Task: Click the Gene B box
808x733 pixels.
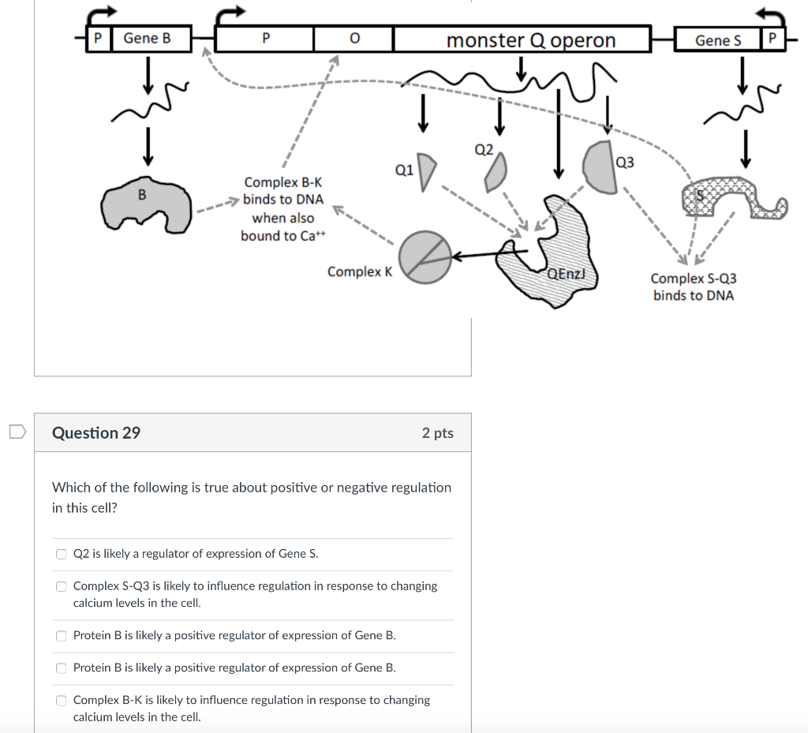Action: click(x=152, y=38)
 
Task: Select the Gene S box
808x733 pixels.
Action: click(x=718, y=39)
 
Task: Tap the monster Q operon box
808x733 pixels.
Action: click(x=522, y=39)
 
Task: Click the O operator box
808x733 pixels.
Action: click(x=353, y=38)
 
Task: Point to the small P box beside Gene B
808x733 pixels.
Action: click(x=99, y=38)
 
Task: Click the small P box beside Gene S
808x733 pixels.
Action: click(x=772, y=39)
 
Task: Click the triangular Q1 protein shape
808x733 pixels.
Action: click(x=426, y=171)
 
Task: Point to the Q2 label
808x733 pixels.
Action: click(x=483, y=149)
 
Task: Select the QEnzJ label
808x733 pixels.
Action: click(x=567, y=274)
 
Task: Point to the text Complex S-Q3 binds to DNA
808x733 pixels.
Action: click(x=693, y=287)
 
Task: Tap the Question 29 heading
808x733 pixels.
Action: click(x=96, y=432)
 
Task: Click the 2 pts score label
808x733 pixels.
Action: click(x=437, y=432)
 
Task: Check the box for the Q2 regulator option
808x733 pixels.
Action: click(x=61, y=554)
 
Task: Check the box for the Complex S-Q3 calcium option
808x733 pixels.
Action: click(x=61, y=586)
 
